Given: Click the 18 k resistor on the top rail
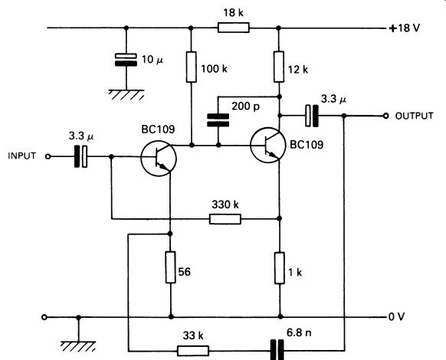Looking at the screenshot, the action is click(234, 28).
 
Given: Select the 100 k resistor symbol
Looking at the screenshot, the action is click(191, 67).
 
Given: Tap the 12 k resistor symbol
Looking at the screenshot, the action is click(279, 67).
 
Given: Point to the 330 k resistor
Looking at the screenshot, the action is click(225, 219).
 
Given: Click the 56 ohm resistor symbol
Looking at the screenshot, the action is click(170, 267).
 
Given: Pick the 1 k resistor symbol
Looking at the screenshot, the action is click(280, 268).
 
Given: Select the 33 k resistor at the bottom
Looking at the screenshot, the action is click(193, 351).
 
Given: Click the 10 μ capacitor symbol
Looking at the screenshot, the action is click(126, 60).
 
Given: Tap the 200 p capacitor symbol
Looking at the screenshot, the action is click(218, 120).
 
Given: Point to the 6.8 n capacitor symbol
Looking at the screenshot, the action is click(277, 350).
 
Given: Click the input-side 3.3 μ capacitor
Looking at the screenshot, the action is click(80, 156).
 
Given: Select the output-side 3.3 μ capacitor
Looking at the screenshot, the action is click(312, 116).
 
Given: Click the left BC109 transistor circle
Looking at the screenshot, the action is click(159, 159).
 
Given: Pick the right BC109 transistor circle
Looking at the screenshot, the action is click(268, 145).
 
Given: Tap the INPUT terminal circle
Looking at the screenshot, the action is click(48, 157).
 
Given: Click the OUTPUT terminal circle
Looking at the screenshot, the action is click(385, 116).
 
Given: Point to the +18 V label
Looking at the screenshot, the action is click(405, 28).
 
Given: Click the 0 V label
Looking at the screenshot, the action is click(396, 316).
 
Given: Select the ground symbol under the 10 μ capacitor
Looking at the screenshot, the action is click(126, 95).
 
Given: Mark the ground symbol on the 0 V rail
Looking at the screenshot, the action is click(78, 346).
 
